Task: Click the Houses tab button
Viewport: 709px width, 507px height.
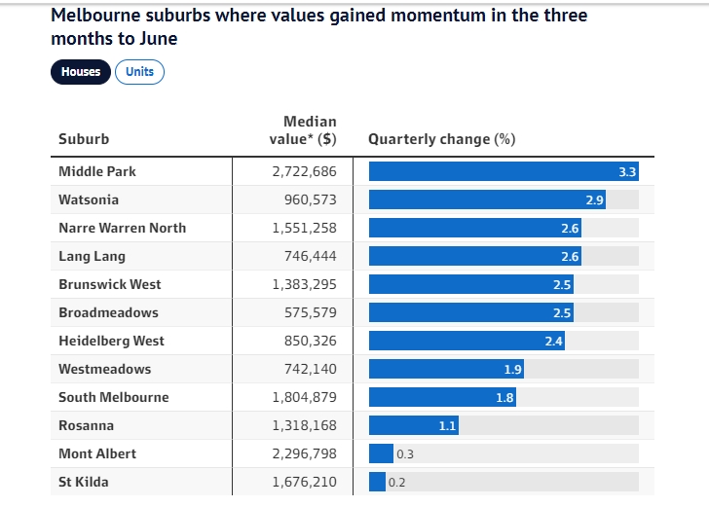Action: click(81, 72)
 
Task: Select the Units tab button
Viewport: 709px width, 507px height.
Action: click(139, 72)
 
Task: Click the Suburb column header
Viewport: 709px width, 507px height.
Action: click(84, 139)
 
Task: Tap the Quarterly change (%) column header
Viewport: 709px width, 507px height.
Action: click(441, 139)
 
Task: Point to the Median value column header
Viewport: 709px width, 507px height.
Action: click(303, 130)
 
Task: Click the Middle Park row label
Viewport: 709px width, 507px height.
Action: click(97, 171)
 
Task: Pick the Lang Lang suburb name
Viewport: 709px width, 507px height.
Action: click(92, 256)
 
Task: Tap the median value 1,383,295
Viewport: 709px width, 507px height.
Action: click(300, 284)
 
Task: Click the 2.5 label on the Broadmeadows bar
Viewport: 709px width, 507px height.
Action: click(562, 312)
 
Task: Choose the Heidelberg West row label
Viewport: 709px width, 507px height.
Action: click(111, 341)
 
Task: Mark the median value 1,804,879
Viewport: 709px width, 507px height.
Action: click(300, 397)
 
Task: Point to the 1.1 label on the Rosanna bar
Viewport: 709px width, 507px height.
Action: click(447, 425)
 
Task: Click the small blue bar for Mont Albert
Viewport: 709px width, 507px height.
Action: click(381, 453)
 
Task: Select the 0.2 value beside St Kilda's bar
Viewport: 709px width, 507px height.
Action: click(397, 482)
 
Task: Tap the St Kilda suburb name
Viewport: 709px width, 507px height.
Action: click(84, 482)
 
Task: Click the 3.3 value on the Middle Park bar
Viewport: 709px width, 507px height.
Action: click(627, 171)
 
